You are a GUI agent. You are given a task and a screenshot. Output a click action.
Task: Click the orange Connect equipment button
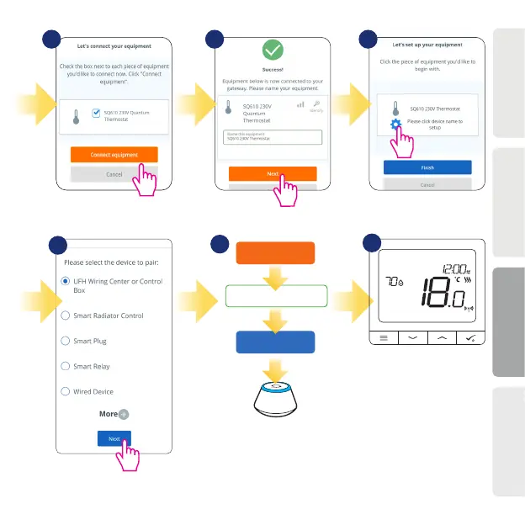point(114,155)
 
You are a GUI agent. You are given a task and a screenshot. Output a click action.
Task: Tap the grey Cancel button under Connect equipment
point(114,174)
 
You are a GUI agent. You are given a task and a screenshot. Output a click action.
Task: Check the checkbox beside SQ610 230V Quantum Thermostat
point(95,112)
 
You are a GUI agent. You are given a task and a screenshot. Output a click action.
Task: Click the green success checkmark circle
point(273,50)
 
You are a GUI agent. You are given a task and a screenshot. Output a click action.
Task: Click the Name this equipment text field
point(273,136)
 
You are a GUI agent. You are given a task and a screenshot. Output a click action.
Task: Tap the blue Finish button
point(427,167)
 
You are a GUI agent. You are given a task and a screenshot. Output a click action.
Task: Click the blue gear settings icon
point(395,125)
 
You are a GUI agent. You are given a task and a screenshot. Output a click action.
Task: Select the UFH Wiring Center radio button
point(66,282)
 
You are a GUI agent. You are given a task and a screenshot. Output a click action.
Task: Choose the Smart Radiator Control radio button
point(66,316)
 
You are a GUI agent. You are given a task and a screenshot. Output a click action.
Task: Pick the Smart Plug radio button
point(66,341)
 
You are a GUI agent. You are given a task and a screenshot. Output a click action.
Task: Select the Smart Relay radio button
point(66,366)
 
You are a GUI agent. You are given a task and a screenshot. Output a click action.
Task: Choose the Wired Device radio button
point(66,391)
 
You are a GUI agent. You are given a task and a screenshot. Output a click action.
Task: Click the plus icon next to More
point(124,414)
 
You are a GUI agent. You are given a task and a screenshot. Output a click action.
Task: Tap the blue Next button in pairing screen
point(114,438)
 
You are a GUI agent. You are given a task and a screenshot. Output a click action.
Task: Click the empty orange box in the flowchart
point(275,254)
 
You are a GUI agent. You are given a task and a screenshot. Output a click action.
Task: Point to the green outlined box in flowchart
point(275,297)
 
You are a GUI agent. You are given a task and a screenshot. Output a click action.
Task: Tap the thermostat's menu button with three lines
point(384,337)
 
